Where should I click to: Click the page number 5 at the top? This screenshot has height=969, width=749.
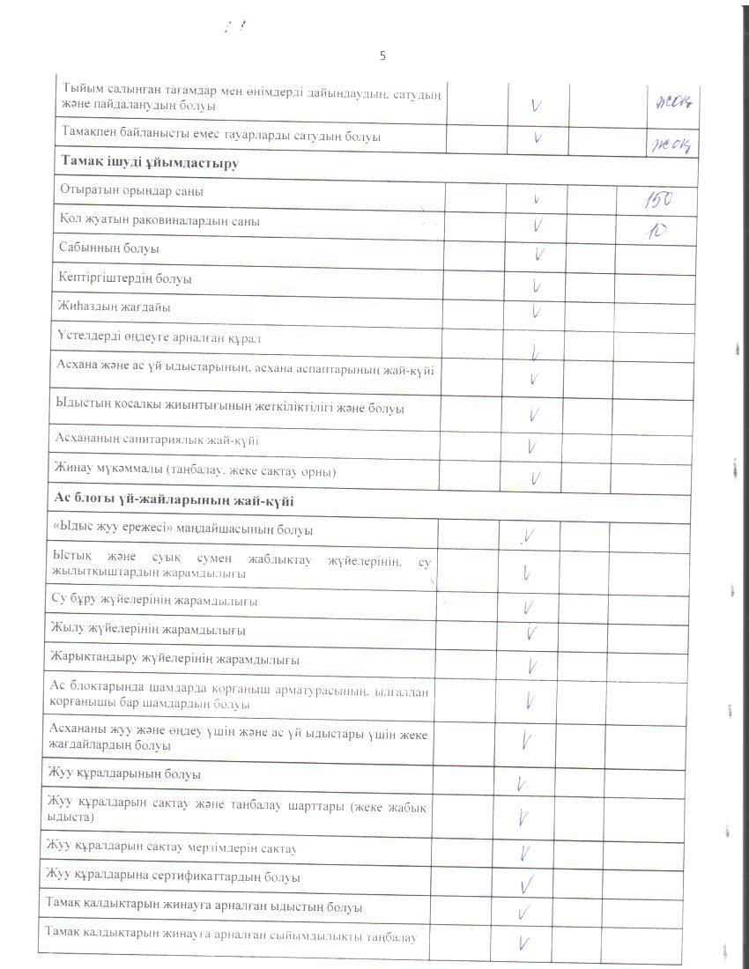pyautogui.click(x=382, y=55)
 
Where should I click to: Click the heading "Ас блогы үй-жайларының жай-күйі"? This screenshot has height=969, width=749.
pyautogui.click(x=174, y=499)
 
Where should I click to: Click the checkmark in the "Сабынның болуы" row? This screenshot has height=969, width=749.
pyautogui.click(x=538, y=255)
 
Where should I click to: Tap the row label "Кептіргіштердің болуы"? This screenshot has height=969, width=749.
pyautogui.click(x=125, y=278)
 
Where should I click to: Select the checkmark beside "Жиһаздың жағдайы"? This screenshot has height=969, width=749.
pyautogui.click(x=536, y=311)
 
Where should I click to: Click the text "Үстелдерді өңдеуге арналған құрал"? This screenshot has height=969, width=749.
pyautogui.click(x=159, y=337)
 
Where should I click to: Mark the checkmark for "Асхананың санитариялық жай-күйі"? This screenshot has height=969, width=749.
pyautogui.click(x=532, y=447)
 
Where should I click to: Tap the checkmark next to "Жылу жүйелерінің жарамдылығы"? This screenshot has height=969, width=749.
pyautogui.click(x=531, y=632)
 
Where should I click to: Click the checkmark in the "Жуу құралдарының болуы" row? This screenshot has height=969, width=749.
pyautogui.click(x=522, y=782)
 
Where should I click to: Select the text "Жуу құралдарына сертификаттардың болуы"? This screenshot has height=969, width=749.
pyautogui.click(x=173, y=877)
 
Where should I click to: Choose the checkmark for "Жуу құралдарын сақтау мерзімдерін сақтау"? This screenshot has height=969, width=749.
pyautogui.click(x=525, y=853)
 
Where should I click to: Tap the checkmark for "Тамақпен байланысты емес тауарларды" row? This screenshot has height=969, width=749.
pyautogui.click(x=538, y=137)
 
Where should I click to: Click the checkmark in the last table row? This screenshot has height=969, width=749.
pyautogui.click(x=524, y=943)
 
